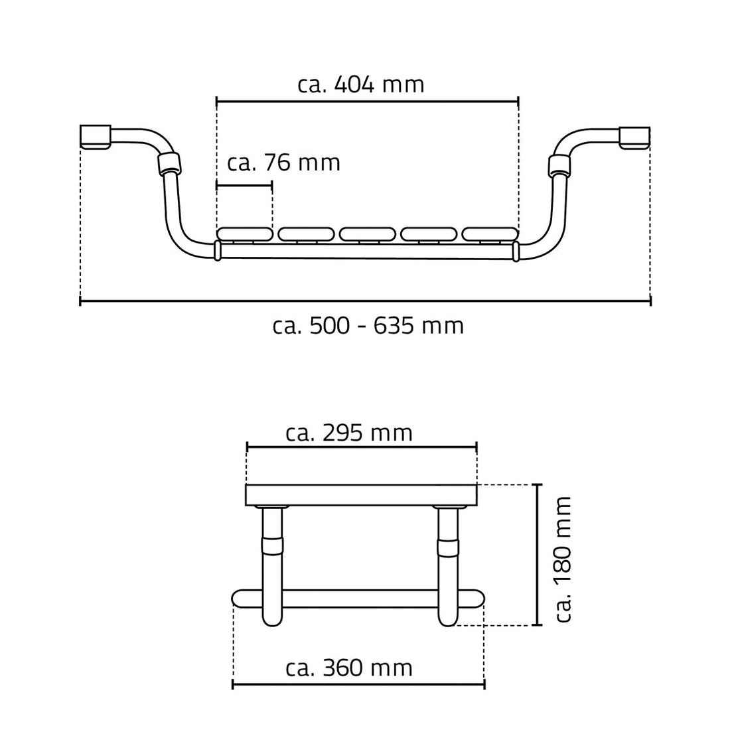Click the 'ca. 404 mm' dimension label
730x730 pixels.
tap(361, 85)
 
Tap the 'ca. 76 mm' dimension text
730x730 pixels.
tap(283, 163)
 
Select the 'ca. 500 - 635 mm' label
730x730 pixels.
tap(368, 325)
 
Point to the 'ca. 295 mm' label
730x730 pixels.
tap(349, 433)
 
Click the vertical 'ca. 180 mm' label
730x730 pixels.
tap(563, 559)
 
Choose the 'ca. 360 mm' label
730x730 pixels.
tap(349, 668)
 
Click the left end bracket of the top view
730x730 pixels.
tap(96, 137)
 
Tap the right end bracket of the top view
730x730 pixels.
tap(634, 138)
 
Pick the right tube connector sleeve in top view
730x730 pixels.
tap(559, 165)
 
